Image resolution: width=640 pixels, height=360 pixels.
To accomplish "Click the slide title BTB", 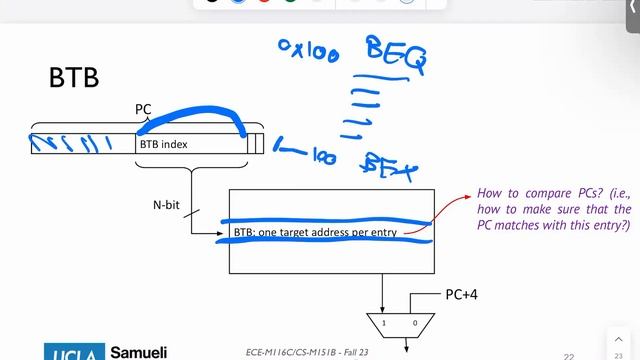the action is pos(74,78).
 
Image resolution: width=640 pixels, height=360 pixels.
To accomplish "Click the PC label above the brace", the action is pos(144,107).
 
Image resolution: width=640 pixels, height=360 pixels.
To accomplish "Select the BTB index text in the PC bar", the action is pos(163,144).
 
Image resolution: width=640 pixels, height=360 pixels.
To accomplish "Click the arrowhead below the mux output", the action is pos(406,349).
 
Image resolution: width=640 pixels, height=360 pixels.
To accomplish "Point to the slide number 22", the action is pos(568,355).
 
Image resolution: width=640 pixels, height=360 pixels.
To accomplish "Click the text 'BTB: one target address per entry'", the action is pos(316,233).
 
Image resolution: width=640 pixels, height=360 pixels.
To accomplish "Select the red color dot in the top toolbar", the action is pos(263,2).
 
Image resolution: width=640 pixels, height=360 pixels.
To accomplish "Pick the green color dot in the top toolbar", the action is pos(290,2).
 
